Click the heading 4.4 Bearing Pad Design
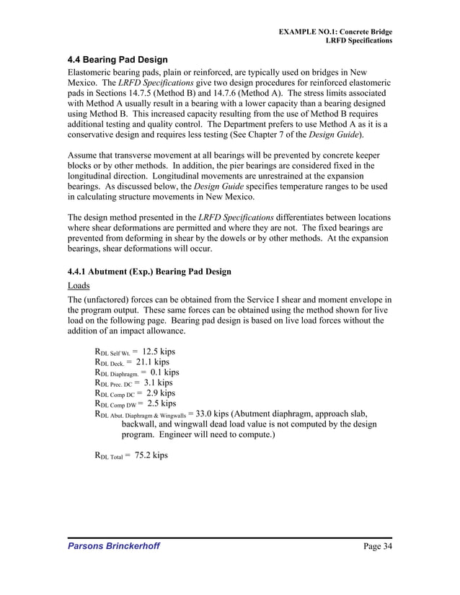pyautogui.click(x=118, y=59)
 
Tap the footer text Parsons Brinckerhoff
pyautogui.click(x=114, y=546)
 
